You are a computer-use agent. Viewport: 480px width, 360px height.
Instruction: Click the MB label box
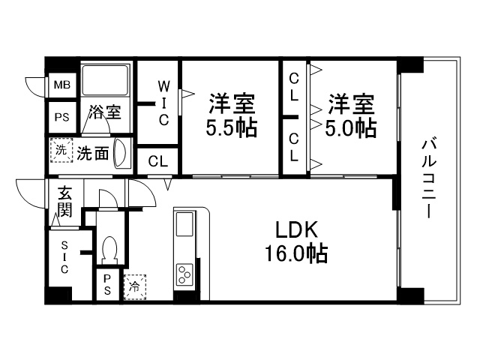(x=61, y=85)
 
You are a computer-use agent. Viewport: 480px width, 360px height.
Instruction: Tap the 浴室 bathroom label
(x=105, y=113)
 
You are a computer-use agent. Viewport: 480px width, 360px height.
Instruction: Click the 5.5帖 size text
(x=231, y=128)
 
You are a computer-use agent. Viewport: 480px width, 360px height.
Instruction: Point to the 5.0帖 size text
(x=349, y=128)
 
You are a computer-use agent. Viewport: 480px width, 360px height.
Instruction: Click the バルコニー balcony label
(x=428, y=178)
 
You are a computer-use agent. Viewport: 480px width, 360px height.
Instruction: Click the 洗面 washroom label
(x=94, y=152)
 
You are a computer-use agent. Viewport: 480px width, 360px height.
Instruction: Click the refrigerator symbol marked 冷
(x=135, y=286)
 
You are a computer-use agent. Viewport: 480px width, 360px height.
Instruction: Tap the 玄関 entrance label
(x=64, y=200)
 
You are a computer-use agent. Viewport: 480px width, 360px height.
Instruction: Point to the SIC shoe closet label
(x=64, y=256)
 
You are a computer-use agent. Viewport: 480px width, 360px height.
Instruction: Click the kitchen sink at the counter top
(x=184, y=224)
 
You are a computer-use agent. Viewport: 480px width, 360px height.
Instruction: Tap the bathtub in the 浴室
(x=106, y=82)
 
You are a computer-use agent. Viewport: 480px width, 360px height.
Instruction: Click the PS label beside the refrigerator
(x=107, y=286)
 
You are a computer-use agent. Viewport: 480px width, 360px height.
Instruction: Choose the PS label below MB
(x=61, y=116)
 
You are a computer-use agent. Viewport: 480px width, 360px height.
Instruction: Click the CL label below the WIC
(x=157, y=160)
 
